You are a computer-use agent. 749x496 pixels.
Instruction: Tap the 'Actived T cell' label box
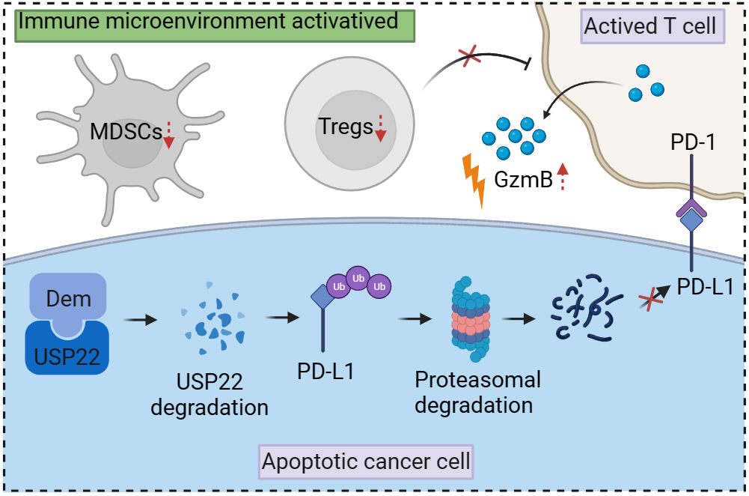tap(649, 26)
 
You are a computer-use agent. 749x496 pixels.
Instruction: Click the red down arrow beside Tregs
tap(380, 127)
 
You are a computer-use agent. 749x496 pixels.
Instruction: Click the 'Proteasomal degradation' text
tap(477, 392)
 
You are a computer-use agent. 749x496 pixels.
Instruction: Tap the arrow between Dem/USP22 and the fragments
tap(140, 320)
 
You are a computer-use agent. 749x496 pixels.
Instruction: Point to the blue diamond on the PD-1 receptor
tap(691, 220)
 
